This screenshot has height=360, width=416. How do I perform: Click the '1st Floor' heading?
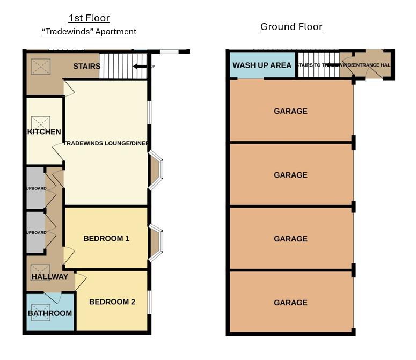click(x=89, y=18)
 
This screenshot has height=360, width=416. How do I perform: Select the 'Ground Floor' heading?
click(x=291, y=27)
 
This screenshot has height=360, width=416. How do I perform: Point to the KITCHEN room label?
click(x=45, y=132)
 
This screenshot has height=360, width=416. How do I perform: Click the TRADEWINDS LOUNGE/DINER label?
click(x=106, y=143)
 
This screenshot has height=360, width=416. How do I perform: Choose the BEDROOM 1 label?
click(x=106, y=238)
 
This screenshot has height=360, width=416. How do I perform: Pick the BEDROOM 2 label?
click(x=112, y=302)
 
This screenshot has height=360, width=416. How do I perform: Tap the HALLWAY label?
click(x=49, y=277)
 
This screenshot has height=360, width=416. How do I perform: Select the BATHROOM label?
click(x=49, y=313)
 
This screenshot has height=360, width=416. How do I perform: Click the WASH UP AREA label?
click(x=262, y=65)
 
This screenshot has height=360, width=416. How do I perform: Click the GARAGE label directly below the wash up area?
click(x=290, y=111)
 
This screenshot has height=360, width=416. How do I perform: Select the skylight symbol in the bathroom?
click(x=41, y=314)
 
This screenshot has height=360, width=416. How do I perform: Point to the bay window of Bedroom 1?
click(x=155, y=243)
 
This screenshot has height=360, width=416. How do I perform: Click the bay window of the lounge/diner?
click(x=155, y=170)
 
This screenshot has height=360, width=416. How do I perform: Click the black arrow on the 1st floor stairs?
click(x=140, y=67)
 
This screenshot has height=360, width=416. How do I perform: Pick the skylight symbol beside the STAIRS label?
click(x=40, y=67)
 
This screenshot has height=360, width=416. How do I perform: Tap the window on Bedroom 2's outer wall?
click(x=150, y=302)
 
